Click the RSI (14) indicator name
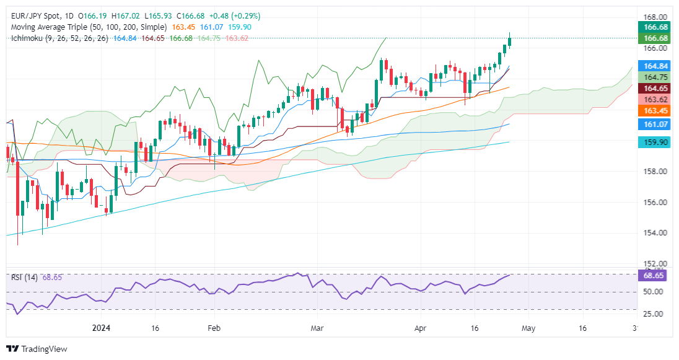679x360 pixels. (x=25, y=277)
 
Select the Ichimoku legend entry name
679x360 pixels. (x=28, y=38)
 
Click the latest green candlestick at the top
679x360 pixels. (x=509, y=41)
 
